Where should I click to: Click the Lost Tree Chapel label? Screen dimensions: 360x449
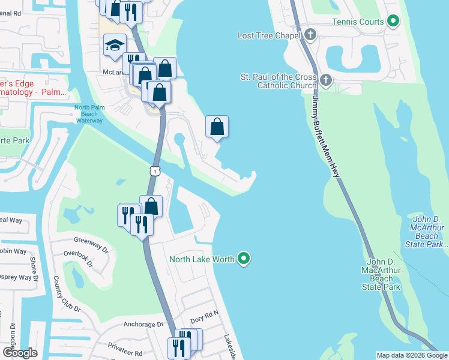click(x=268, y=35)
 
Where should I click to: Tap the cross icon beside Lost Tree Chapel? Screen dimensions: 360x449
click(x=310, y=34)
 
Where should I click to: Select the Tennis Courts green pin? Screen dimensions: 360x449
click(x=393, y=22)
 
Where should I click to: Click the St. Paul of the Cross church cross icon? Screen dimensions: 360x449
click(x=325, y=80)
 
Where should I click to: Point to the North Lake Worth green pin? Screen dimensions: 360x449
click(x=243, y=259)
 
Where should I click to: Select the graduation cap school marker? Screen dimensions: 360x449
click(x=114, y=45)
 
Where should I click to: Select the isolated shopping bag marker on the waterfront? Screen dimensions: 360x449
click(x=217, y=127)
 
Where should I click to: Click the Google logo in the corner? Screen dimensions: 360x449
click(x=20, y=353)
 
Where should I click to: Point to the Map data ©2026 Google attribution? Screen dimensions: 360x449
click(x=412, y=355)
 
